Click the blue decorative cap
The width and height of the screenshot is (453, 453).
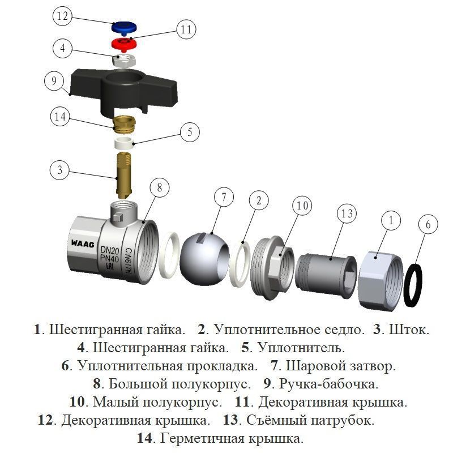124,27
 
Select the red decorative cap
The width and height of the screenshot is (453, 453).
124,44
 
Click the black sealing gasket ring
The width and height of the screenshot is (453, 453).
413,285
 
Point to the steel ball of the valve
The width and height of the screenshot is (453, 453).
204,259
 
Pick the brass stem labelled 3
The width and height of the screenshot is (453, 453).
123,176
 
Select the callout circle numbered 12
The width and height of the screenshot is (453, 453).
62,16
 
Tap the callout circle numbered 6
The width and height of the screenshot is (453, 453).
428,224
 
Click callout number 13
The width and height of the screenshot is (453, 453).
347,213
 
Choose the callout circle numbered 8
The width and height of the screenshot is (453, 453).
160,188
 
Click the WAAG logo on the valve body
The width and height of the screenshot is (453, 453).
83,244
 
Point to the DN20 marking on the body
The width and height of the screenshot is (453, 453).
109,250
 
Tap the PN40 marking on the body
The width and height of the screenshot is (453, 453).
109,259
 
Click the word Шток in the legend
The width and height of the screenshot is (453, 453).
409,330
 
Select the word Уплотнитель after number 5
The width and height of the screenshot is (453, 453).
301,348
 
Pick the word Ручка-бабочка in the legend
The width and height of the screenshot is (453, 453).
328,384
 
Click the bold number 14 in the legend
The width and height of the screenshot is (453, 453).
144,438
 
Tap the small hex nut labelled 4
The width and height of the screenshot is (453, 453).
124,60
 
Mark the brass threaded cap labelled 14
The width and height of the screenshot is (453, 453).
124,124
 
